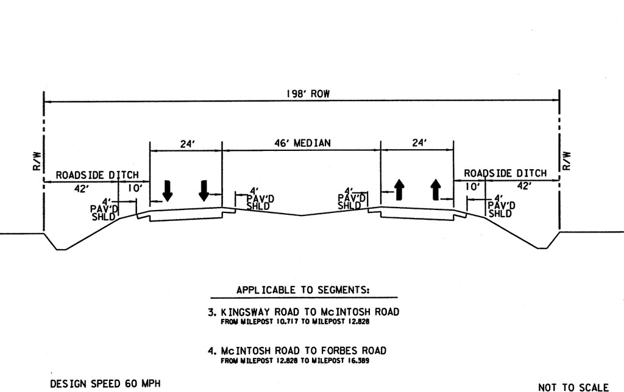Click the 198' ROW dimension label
pos(302,94)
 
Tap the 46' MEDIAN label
pos(302,143)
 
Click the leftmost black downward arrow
pos(168,191)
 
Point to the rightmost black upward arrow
pos(436,190)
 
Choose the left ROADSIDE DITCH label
pos(97,175)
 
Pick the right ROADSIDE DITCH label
pos(506,174)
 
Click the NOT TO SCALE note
pos(573,387)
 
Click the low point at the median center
pos(301,215)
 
